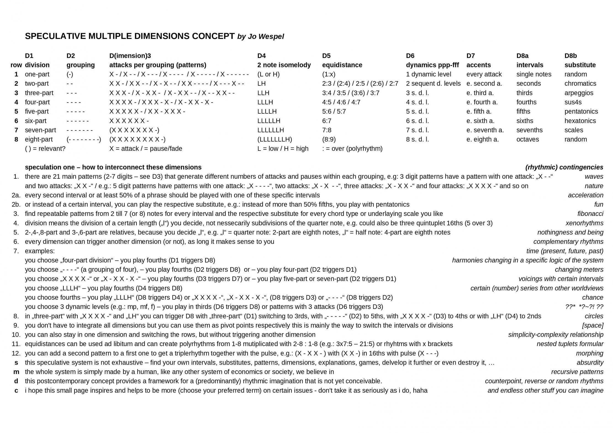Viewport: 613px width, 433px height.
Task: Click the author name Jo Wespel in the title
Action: [265, 37]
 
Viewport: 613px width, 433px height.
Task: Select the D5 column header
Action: [326, 56]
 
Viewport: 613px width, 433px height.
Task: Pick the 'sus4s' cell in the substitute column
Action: [573, 102]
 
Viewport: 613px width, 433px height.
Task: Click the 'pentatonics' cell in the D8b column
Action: [581, 111]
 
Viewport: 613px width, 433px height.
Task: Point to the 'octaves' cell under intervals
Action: [527, 139]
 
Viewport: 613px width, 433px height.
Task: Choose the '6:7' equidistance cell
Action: [327, 121]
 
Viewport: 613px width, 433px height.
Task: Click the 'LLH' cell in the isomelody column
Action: [263, 93]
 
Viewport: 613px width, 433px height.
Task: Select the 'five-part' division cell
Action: [37, 111]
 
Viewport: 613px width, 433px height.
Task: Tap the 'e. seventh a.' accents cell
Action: [485, 130]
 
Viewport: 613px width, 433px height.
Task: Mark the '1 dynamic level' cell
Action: [428, 74]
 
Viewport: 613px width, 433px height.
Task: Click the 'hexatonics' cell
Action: [580, 121]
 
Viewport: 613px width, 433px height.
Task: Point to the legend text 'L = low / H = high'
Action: [283, 149]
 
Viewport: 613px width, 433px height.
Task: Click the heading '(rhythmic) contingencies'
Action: [564, 167]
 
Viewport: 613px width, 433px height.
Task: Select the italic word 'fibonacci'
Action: [590, 214]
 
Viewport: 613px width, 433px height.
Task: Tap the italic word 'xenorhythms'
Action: [584, 223]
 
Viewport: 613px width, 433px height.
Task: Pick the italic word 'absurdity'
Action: [590, 363]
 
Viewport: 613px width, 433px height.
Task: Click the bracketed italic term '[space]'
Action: [593, 325]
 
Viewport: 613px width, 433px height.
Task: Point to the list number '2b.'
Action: [16, 204]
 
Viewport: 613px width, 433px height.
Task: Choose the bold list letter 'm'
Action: [16, 372]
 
